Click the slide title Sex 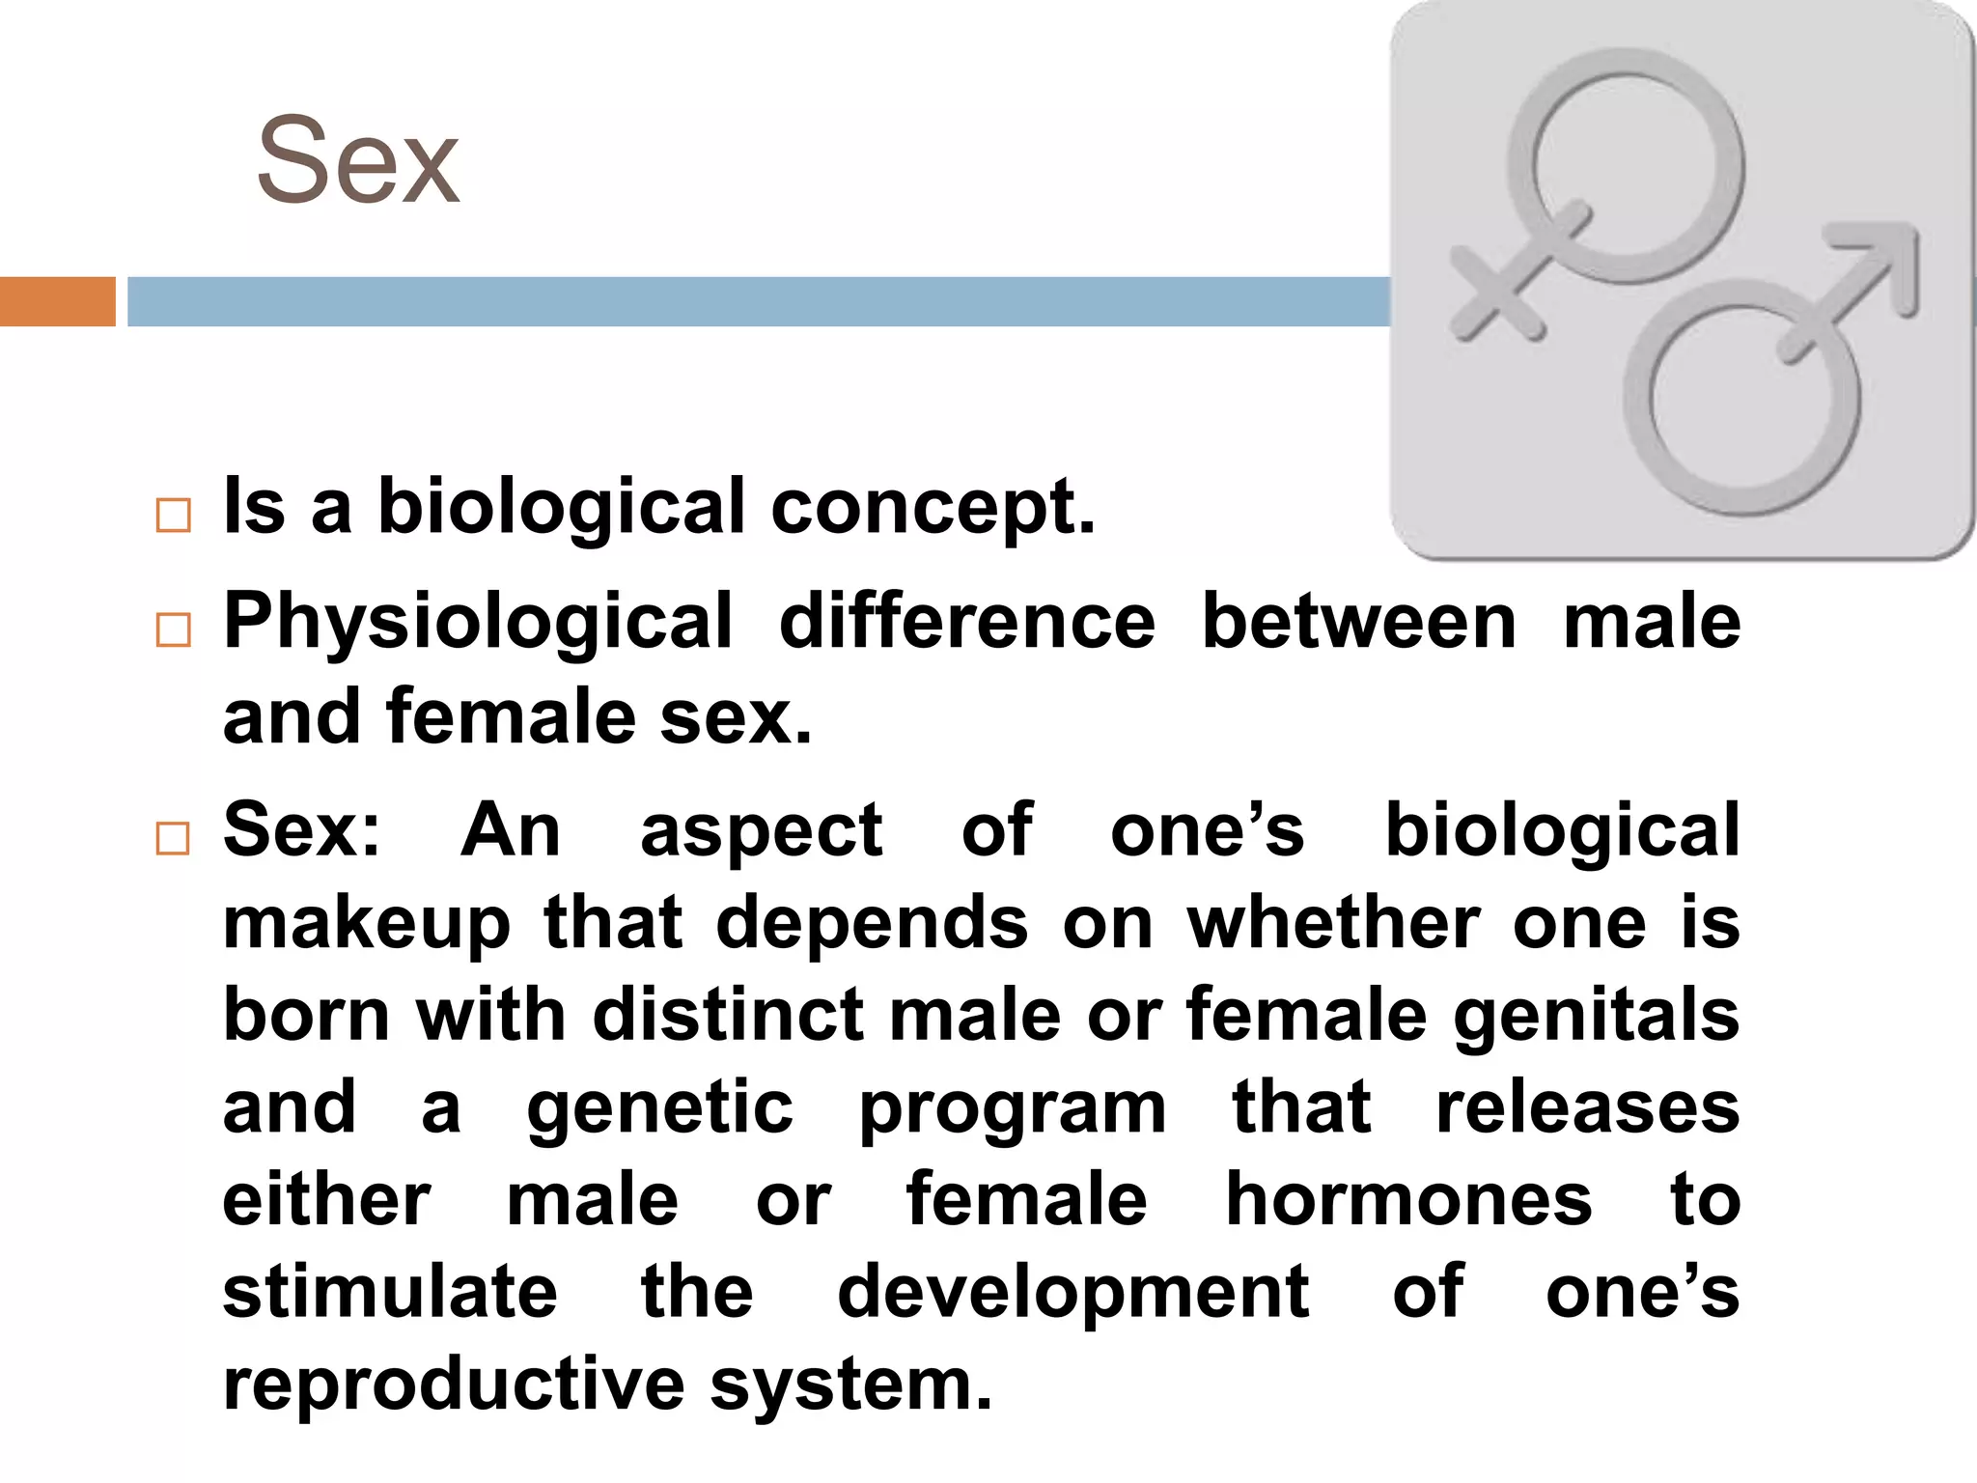pos(358,161)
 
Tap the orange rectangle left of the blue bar pos(57,301)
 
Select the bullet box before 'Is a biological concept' pos(173,516)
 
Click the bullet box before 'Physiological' pos(173,630)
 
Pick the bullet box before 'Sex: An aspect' pos(173,838)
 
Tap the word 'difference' pos(966,622)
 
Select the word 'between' pos(1359,622)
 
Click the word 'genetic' pos(659,1109)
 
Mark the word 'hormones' pos(1408,1200)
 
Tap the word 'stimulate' pos(390,1293)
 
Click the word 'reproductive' pos(454,1385)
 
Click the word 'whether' pos(1333,924)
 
